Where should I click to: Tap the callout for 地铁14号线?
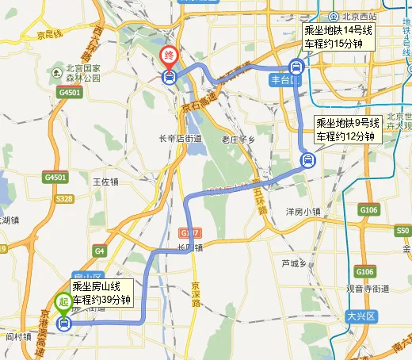[341, 36]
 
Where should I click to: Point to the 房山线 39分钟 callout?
[101, 293]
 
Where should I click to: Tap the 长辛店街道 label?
[181, 140]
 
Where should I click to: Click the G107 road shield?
[190, 233]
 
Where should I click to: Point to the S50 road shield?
[402, 230]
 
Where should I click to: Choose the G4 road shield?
[99, 251]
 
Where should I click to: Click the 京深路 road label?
[195, 293]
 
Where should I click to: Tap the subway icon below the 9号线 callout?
[307, 161]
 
